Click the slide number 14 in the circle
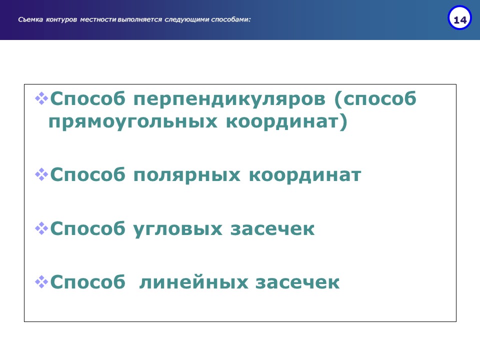460,20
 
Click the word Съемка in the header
30,19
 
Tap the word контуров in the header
61,19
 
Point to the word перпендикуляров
229,99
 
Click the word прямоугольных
133,122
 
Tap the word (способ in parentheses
375,99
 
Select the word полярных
186,175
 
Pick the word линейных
193,282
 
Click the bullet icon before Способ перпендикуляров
41,98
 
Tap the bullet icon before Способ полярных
41,174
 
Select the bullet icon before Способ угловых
41,228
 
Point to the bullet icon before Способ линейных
41,282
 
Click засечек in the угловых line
272,229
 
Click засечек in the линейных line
297,282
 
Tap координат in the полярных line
305,175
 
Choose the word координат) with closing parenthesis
286,122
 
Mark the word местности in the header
98,19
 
